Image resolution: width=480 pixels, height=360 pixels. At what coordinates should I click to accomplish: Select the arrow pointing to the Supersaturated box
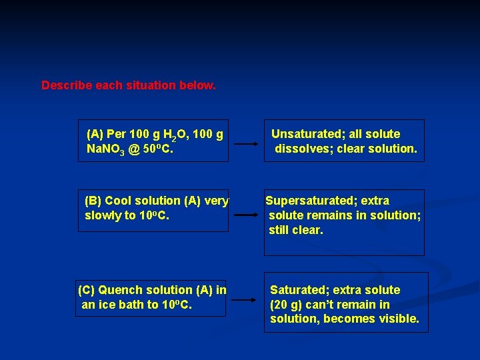click(247, 215)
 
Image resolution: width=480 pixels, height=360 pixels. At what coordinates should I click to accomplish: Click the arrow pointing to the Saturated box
click(247, 305)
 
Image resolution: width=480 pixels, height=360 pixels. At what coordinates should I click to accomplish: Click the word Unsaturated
click(306, 134)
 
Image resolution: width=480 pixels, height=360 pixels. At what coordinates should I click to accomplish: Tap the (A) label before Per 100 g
click(95, 134)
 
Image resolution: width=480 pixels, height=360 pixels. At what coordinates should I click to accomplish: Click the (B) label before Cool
click(93, 201)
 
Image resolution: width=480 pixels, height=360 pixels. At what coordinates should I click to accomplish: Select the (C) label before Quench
click(87, 290)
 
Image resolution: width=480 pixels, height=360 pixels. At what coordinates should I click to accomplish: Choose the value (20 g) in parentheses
click(286, 305)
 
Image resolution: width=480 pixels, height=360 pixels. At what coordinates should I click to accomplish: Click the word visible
click(399, 319)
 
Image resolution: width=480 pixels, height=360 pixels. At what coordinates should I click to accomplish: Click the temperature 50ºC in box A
click(158, 149)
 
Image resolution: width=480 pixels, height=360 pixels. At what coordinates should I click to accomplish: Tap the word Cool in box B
click(118, 201)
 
